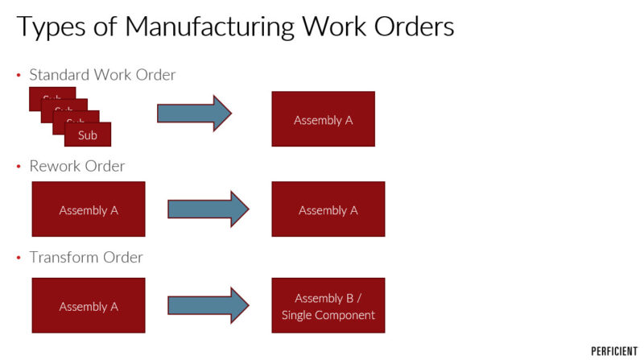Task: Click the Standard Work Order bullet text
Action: point(102,75)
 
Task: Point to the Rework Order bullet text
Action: point(77,166)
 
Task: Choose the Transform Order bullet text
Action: point(86,258)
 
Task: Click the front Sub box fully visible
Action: point(88,135)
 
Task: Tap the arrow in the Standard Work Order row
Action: point(193,114)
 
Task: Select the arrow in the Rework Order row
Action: point(208,209)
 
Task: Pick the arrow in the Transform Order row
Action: point(208,305)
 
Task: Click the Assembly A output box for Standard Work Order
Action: point(323,119)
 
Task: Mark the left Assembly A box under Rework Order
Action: point(89,209)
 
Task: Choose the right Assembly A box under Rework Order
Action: point(328,209)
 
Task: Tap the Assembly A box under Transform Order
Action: point(89,306)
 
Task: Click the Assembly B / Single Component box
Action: point(328,305)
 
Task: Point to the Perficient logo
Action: point(614,351)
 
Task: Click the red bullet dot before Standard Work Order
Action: point(19,76)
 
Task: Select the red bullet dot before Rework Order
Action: point(19,167)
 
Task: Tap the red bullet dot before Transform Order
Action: point(19,259)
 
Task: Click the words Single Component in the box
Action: point(328,315)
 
